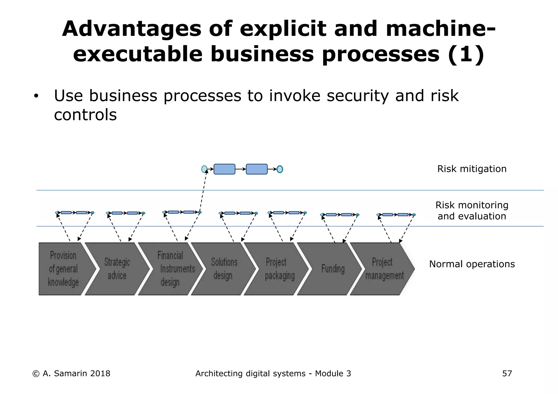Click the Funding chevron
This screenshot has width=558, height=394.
coord(330,269)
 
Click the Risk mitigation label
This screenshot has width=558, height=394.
coord(472,169)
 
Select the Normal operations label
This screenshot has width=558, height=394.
coord(472,264)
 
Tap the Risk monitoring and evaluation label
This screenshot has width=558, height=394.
coord(472,211)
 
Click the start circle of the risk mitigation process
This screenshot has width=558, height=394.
coord(204,169)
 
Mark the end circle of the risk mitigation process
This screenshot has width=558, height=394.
coord(280,169)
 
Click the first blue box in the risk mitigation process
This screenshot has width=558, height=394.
coord(224,169)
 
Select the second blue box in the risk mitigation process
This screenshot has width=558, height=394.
coord(257,169)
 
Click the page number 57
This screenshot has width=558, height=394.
coord(507,374)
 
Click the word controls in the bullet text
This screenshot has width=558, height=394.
coord(85,115)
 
